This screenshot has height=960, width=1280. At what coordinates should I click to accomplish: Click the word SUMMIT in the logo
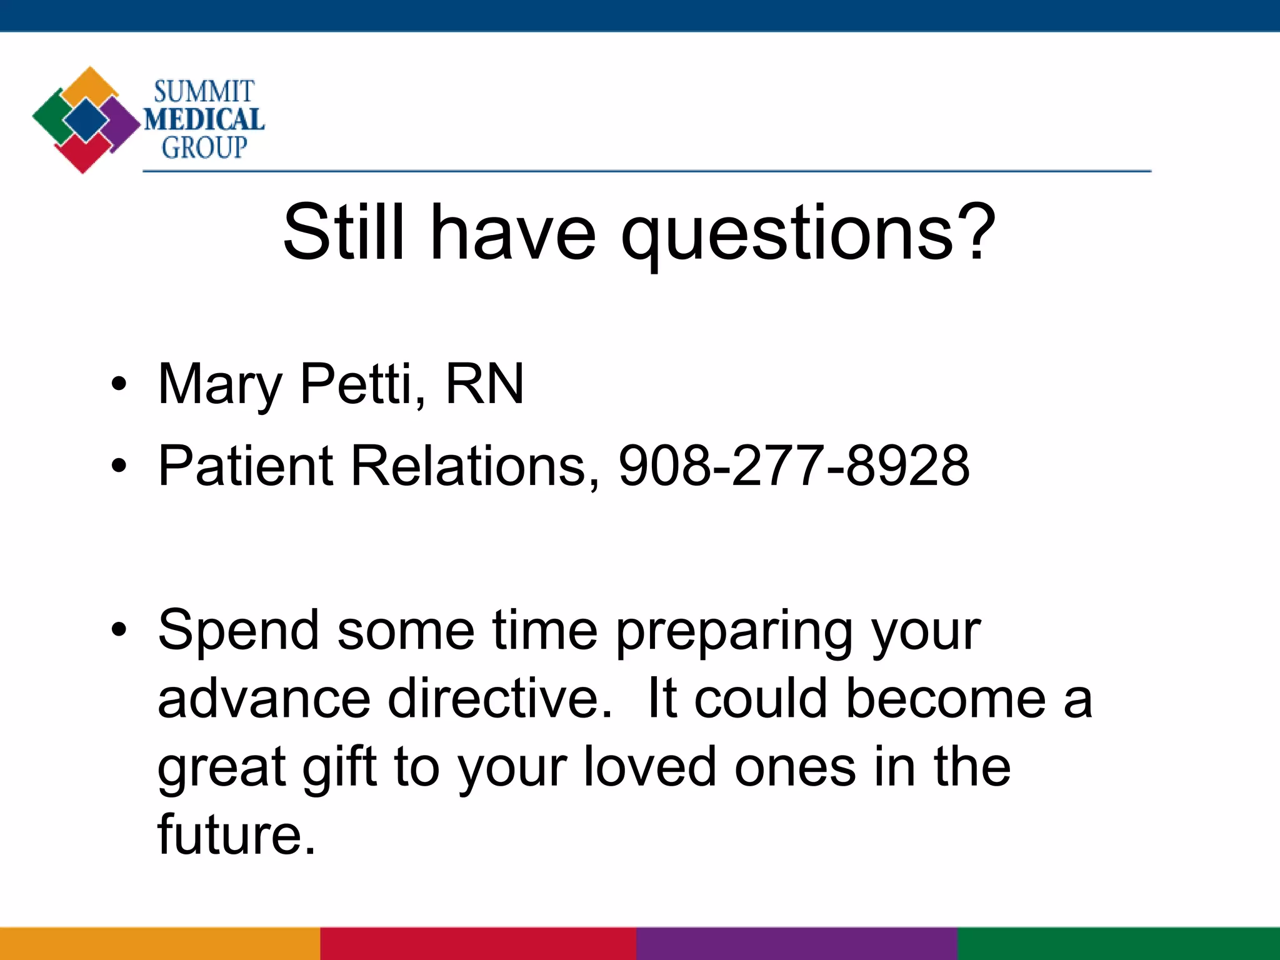pos(204,92)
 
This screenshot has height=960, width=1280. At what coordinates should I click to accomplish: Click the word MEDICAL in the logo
pos(204,119)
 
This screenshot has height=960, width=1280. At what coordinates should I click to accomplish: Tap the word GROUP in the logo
pos(204,147)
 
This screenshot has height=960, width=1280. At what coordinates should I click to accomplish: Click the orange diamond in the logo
pos(91,84)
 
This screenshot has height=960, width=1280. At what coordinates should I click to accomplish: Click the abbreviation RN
pos(484,384)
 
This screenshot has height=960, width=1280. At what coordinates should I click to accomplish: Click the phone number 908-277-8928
pos(794,466)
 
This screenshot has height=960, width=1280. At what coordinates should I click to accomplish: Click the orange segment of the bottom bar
pos(160,944)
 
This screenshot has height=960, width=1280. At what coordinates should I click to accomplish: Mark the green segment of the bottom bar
pos(1119,944)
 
